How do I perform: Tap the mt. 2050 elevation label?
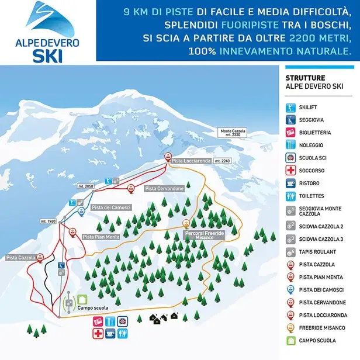click(x=85, y=185)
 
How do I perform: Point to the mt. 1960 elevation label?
click(x=47, y=221)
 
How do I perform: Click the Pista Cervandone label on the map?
click(x=164, y=189)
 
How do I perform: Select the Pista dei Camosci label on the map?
click(x=110, y=207)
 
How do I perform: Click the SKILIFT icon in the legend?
click(x=290, y=108)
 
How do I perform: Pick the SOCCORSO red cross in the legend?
click(x=290, y=171)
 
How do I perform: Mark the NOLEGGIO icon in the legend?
click(x=290, y=146)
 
